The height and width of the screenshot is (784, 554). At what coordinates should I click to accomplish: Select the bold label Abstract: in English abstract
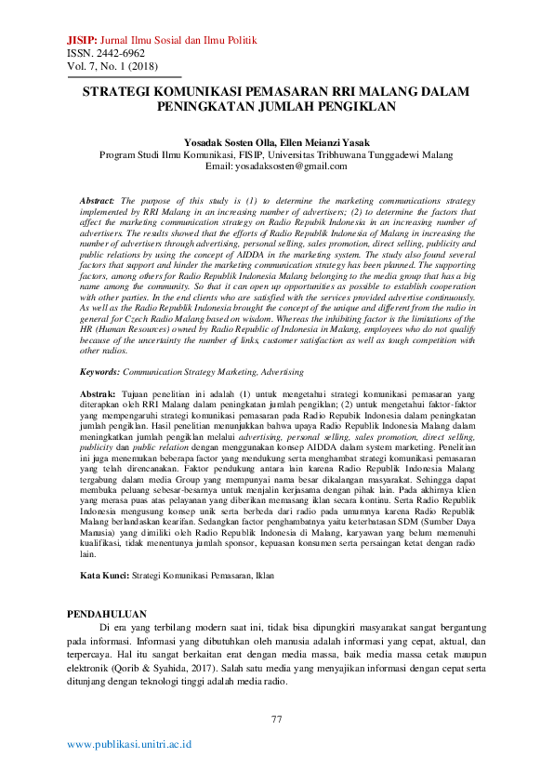pos(98,201)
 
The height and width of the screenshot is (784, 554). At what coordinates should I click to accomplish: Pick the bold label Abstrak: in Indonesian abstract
pos(98,395)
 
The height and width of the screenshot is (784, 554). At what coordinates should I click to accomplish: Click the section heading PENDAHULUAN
pos(109,613)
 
